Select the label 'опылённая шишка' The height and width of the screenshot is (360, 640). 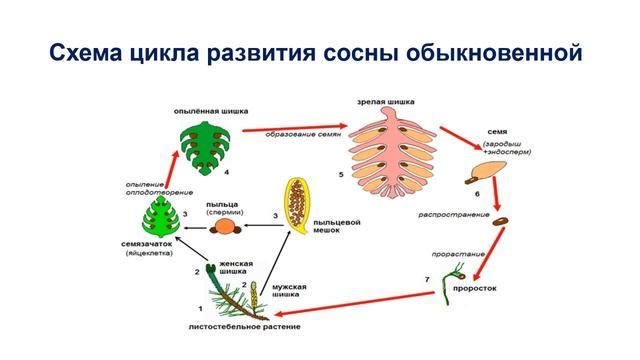[x=209, y=113]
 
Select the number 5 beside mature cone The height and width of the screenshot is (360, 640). [x=341, y=174]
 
